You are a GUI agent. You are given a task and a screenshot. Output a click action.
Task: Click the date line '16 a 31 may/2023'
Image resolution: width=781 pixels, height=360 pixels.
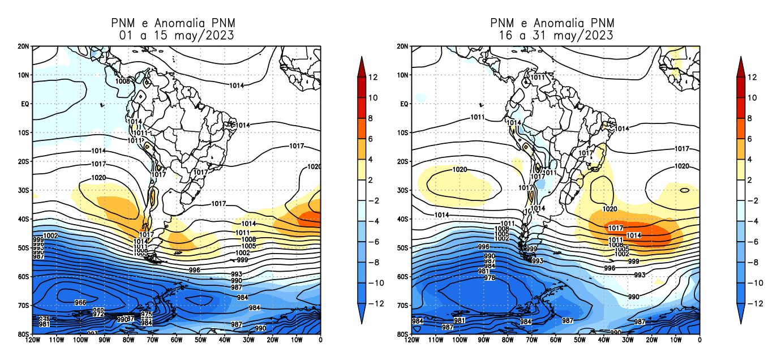(x=556, y=35)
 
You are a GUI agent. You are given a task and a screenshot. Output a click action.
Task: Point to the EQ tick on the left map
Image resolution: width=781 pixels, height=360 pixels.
(x=25, y=104)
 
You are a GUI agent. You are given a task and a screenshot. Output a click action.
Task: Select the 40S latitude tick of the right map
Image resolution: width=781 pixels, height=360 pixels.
(x=403, y=219)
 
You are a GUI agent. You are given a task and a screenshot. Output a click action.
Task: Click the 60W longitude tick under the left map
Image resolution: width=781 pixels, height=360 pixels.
(x=177, y=340)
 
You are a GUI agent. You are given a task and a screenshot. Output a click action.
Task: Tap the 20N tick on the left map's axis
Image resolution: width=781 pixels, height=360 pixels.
(x=24, y=46)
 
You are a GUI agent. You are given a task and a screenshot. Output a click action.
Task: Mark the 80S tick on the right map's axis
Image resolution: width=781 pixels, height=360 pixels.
(x=403, y=334)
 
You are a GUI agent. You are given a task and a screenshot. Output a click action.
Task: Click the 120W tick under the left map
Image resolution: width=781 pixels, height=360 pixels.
(x=33, y=340)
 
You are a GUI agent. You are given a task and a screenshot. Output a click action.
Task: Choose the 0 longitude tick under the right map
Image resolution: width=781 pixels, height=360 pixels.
(x=700, y=340)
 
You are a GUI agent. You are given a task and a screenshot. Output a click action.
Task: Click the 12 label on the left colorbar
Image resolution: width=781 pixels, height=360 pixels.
(x=373, y=77)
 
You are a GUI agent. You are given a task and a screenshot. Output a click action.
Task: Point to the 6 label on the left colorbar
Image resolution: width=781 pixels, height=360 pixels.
(x=371, y=139)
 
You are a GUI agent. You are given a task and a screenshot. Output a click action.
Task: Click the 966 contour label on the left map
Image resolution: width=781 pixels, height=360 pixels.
(x=80, y=303)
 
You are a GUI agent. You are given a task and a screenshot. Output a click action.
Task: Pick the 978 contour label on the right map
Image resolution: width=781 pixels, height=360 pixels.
(x=490, y=278)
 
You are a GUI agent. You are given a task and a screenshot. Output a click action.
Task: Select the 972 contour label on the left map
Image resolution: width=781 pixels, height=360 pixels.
(x=98, y=314)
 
